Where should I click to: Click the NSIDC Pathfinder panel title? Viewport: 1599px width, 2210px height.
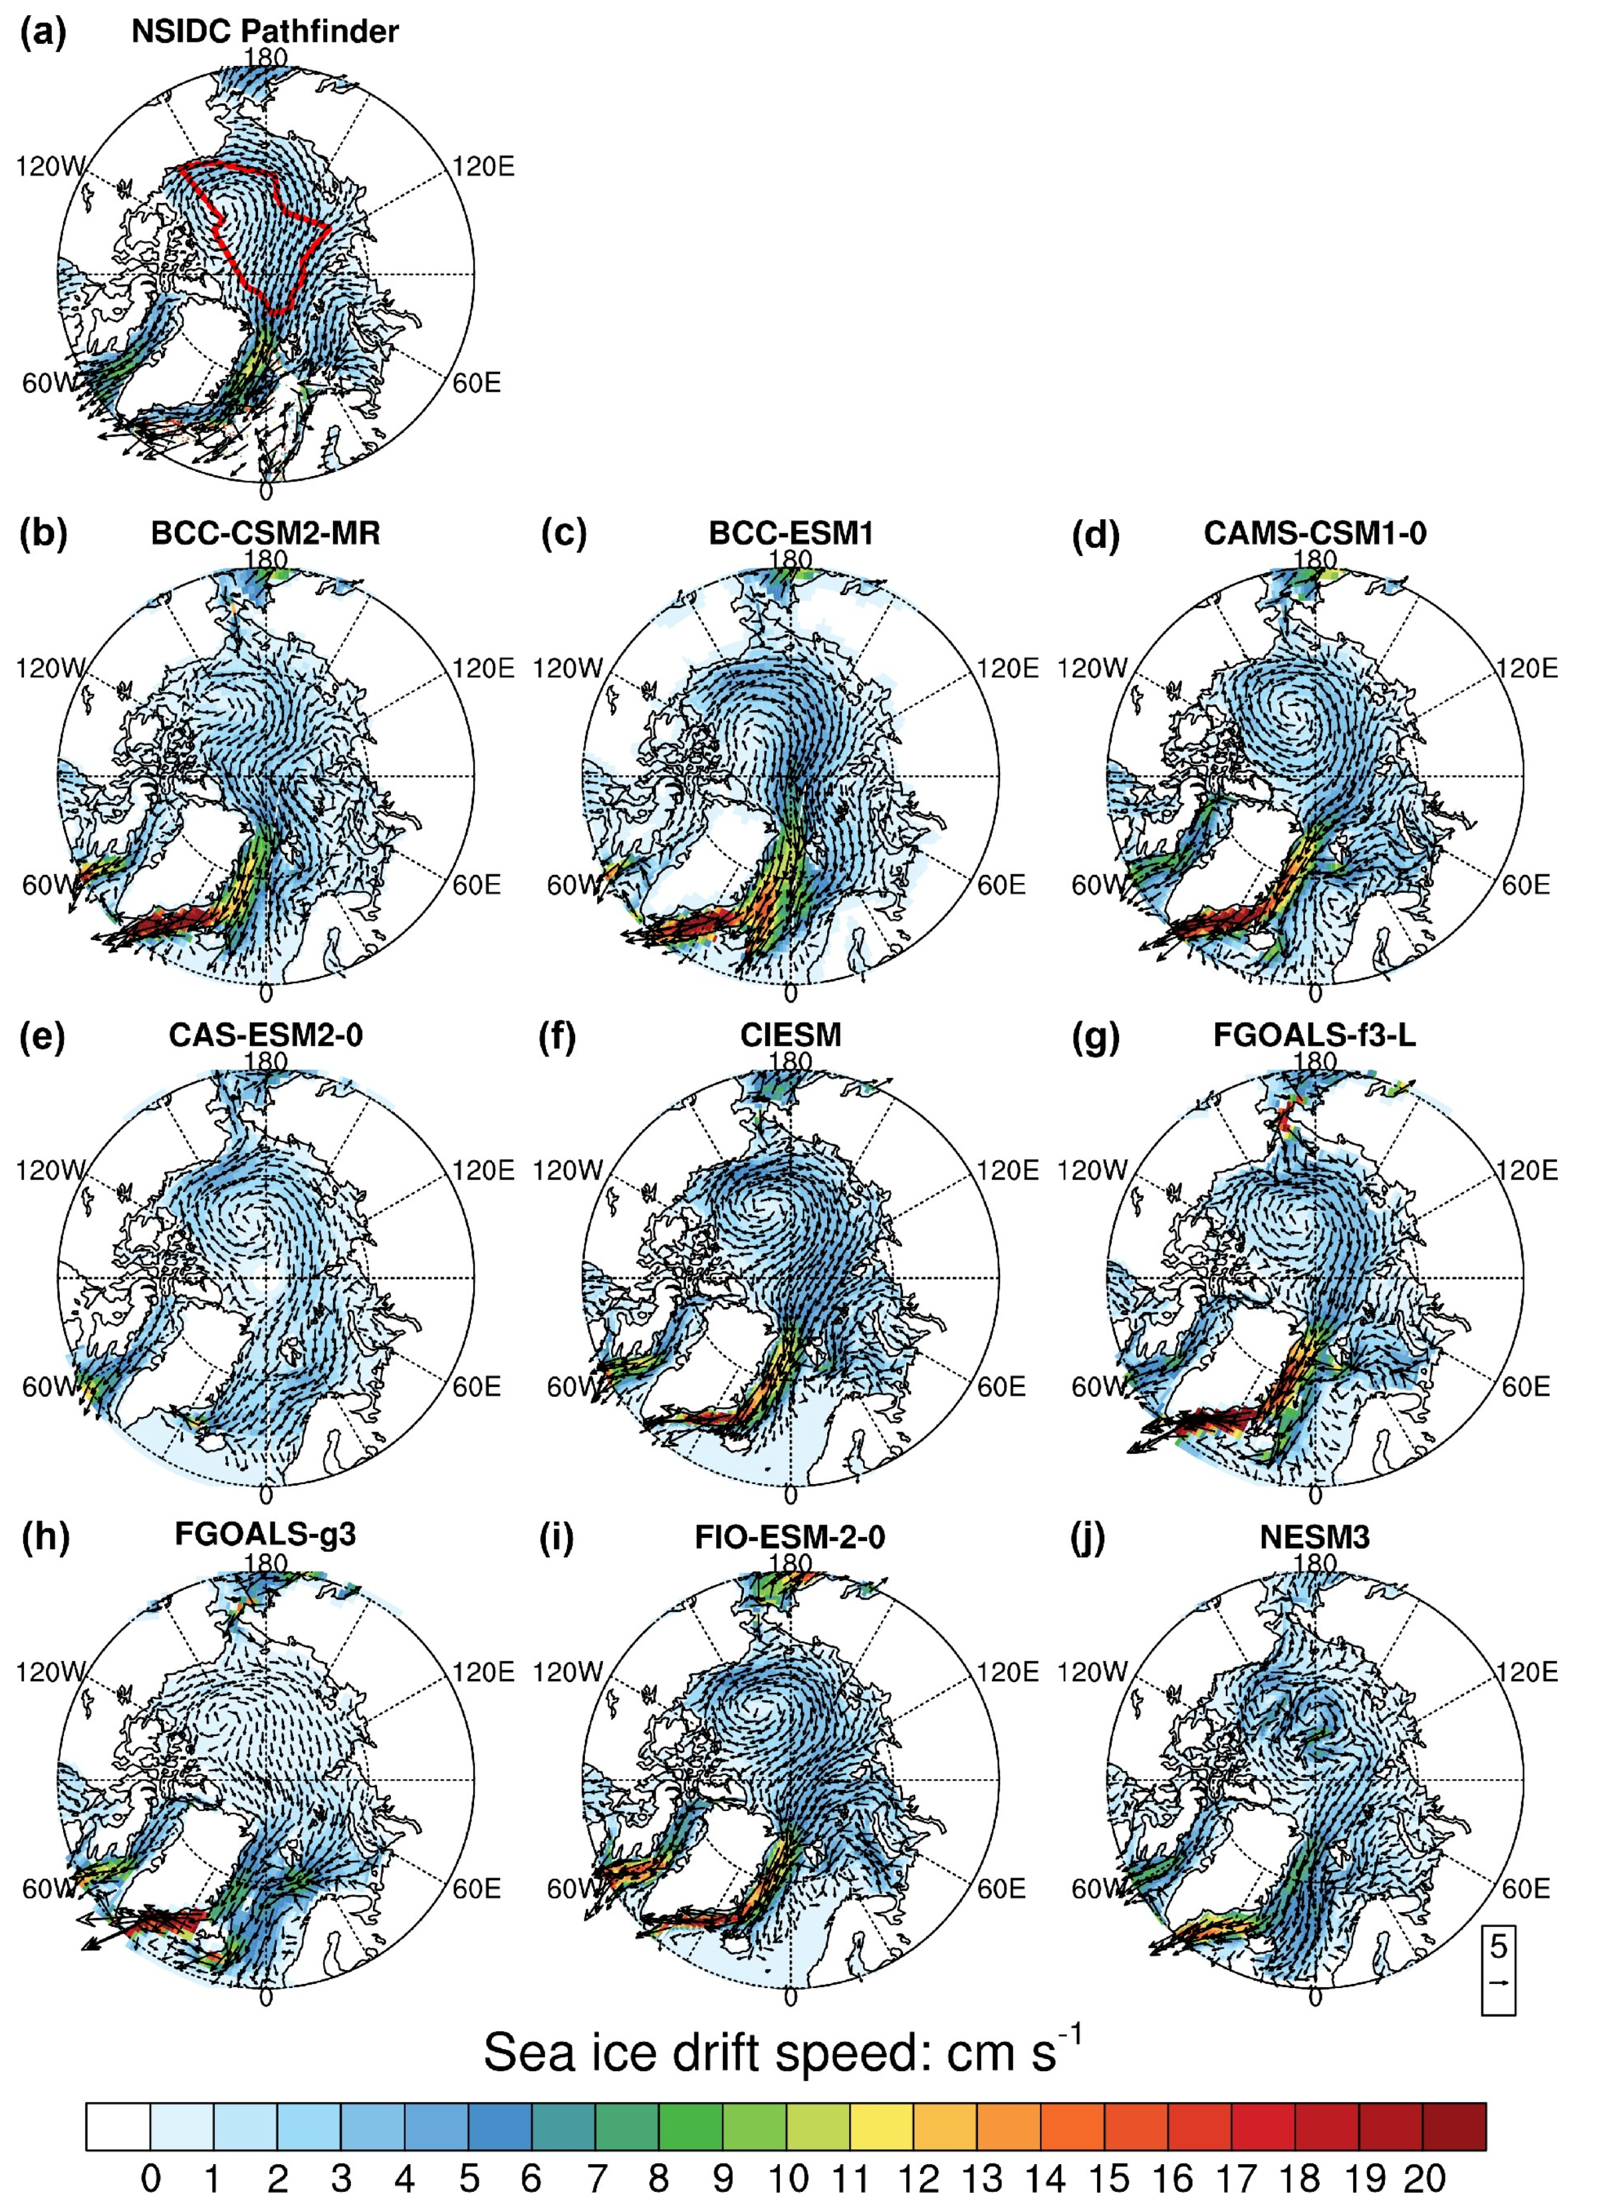pyautogui.click(x=265, y=31)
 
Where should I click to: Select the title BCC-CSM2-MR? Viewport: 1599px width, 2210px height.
pyautogui.click(x=265, y=533)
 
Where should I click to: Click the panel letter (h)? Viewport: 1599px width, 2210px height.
pyautogui.click(x=44, y=1538)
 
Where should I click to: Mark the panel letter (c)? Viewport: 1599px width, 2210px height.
pyautogui.click(x=563, y=535)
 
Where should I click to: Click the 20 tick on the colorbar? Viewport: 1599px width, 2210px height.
pyautogui.click(x=1423, y=2178)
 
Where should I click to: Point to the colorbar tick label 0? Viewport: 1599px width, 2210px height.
pyautogui.click(x=150, y=2178)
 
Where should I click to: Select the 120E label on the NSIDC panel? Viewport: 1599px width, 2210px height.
pyautogui.click(x=483, y=167)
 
